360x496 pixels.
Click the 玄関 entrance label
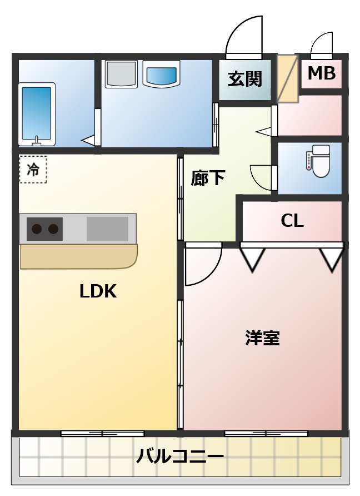(x=244, y=80)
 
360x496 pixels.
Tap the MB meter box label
(x=322, y=73)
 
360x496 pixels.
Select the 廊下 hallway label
(x=208, y=178)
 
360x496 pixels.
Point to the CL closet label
(x=292, y=221)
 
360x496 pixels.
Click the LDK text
(x=98, y=291)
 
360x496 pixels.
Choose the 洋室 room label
(x=262, y=338)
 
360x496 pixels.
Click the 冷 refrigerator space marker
(x=33, y=170)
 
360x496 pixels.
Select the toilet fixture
(x=321, y=161)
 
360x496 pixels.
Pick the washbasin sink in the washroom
(x=162, y=75)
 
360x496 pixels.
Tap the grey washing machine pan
(x=121, y=74)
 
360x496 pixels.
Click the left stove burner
(x=37, y=229)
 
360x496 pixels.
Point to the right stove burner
(x=53, y=229)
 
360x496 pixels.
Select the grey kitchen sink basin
(x=107, y=229)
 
